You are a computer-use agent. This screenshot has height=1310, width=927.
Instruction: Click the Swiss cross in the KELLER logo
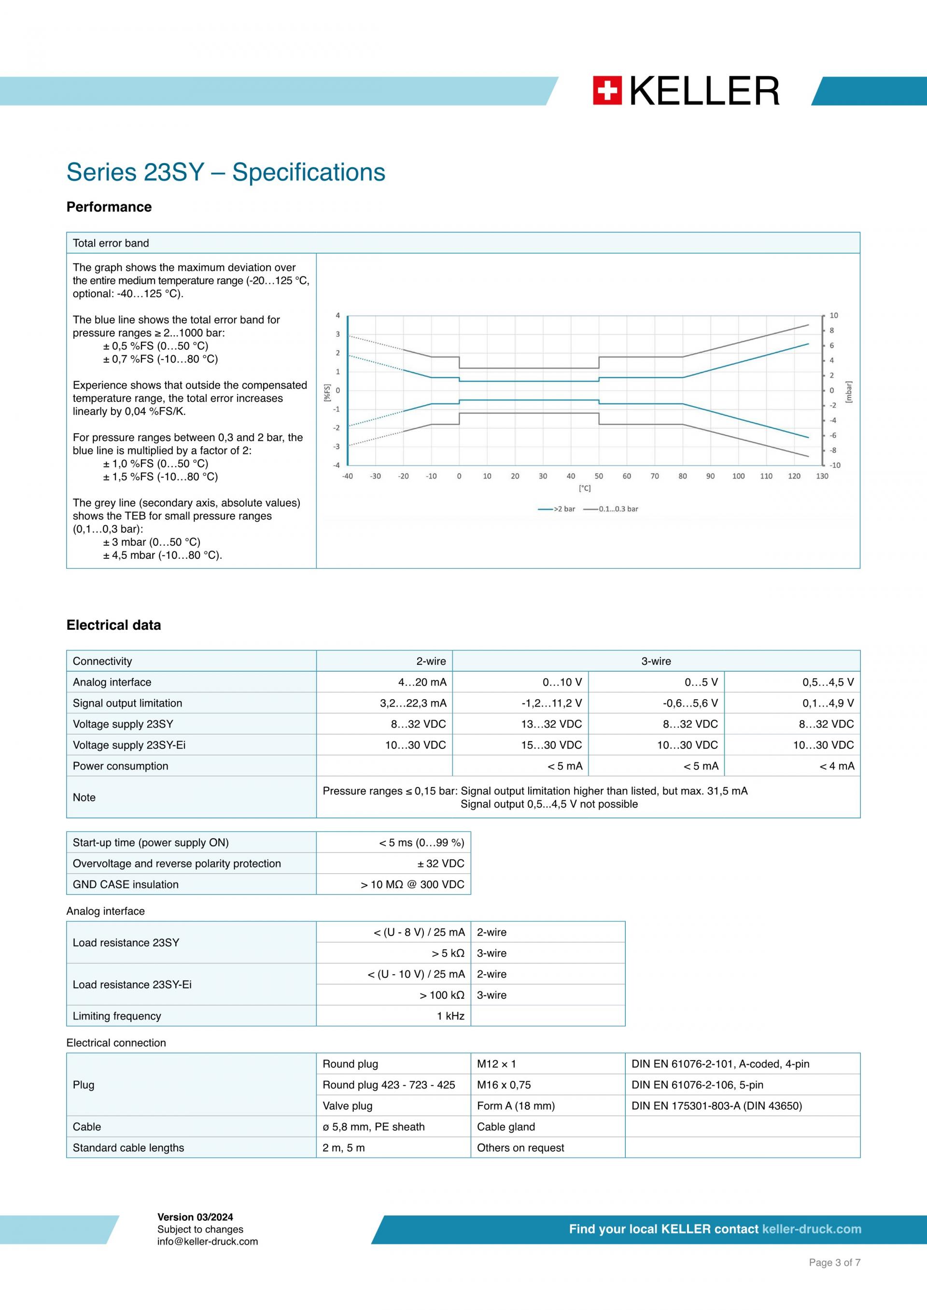coord(607,91)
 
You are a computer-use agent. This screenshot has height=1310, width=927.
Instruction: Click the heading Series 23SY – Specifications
coord(225,172)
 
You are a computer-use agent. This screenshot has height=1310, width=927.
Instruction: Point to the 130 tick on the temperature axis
coord(822,476)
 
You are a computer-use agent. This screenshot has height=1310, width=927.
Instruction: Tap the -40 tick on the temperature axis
coord(347,476)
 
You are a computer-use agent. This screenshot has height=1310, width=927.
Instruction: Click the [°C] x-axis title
coord(585,488)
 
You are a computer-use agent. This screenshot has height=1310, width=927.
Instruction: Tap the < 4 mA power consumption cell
coord(837,766)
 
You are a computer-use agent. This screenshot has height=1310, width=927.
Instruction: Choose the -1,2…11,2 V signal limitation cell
coord(551,703)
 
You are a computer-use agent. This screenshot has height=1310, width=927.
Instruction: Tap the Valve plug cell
coord(347,1106)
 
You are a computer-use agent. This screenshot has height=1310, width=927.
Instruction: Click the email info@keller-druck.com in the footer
coord(207,1241)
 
